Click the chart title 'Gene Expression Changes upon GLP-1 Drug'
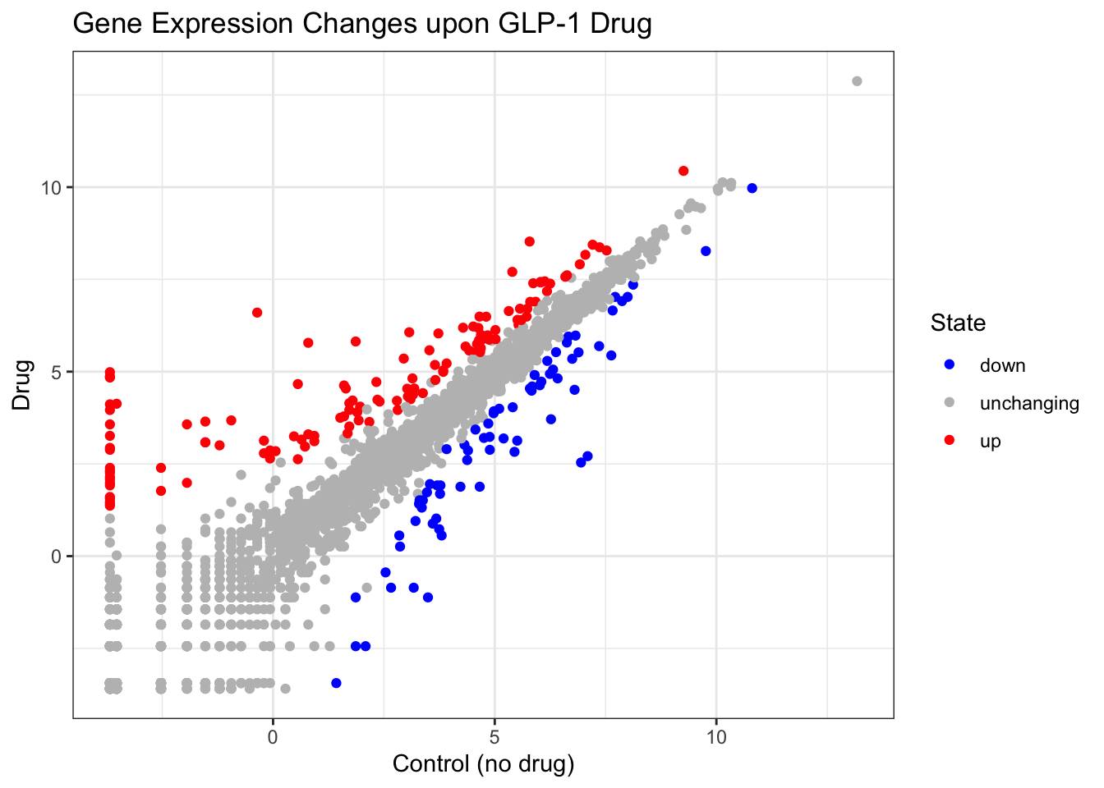point(362,24)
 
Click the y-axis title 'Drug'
point(22,384)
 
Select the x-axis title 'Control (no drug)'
point(483,764)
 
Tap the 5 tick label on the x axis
point(494,737)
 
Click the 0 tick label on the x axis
point(273,737)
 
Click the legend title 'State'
point(958,323)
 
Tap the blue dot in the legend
point(950,365)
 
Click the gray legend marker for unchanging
point(950,403)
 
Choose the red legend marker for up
point(950,441)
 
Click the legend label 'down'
point(1002,366)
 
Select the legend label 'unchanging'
point(1028,404)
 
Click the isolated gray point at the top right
point(857,81)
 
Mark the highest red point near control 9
point(683,171)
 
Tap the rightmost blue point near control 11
point(752,188)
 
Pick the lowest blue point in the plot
point(336,683)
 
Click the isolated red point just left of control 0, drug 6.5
point(257,313)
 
